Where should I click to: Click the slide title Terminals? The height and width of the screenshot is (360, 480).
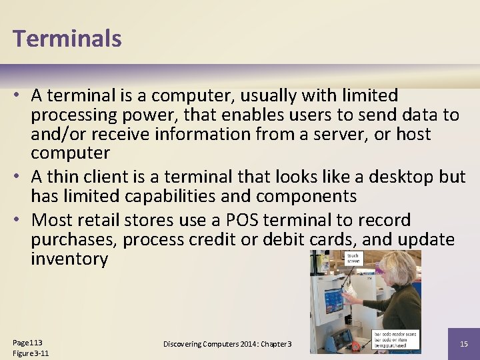click(x=67, y=38)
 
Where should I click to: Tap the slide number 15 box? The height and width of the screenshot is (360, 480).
click(x=464, y=344)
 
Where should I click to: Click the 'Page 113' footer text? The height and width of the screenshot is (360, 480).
click(x=27, y=342)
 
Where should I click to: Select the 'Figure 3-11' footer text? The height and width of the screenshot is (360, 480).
click(x=31, y=353)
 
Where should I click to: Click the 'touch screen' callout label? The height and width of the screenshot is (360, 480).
click(x=353, y=258)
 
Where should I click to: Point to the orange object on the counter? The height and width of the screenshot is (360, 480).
click(x=357, y=346)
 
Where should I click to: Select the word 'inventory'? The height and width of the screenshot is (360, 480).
click(x=69, y=259)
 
